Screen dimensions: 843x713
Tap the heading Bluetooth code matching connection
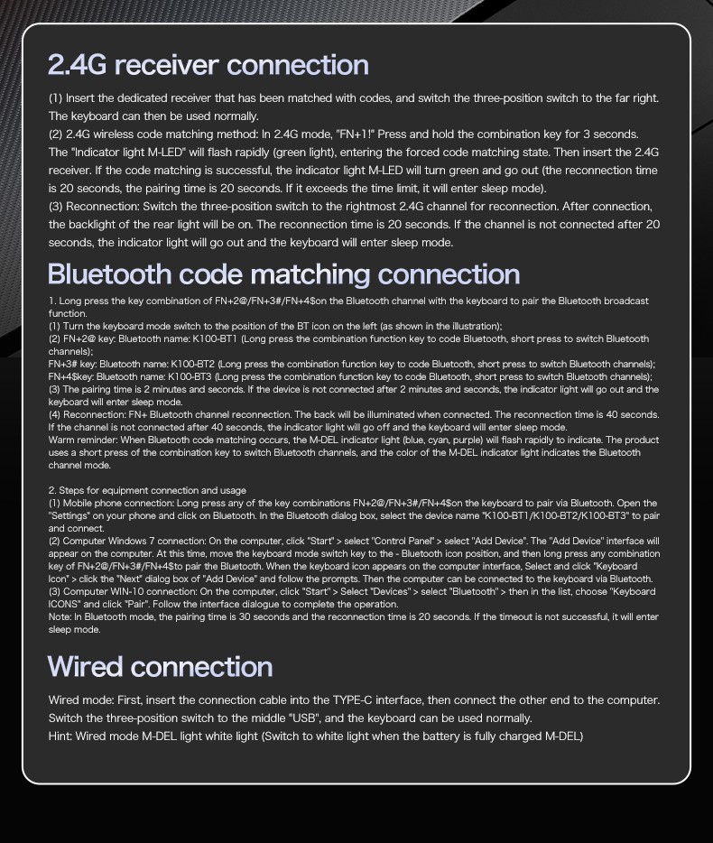point(283,273)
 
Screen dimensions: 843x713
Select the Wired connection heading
point(160,666)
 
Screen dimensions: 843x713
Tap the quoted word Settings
point(73,516)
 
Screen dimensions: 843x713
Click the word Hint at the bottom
point(60,736)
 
